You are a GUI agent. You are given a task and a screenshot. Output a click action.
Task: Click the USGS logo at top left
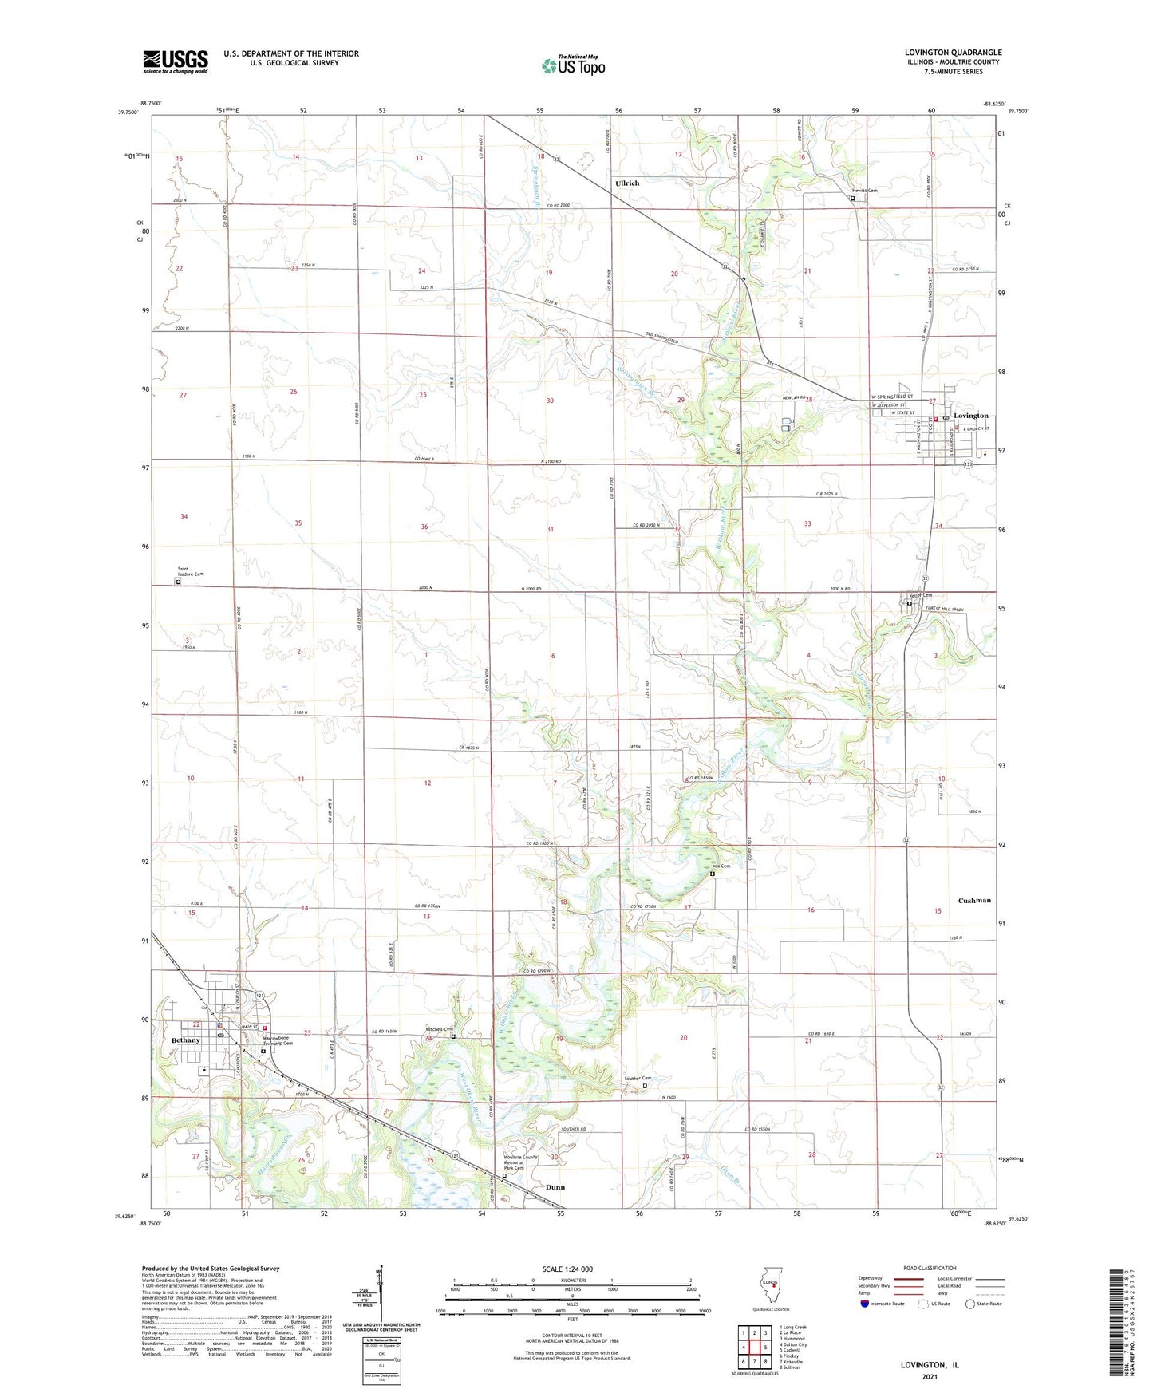pos(176,61)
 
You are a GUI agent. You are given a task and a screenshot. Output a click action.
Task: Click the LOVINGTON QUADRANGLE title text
pos(953,53)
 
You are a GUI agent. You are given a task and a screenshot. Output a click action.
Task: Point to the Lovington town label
pos(971,416)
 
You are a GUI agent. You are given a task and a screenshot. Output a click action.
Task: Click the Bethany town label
pos(185,1040)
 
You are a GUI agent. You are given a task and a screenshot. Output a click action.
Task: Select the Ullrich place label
pos(627,183)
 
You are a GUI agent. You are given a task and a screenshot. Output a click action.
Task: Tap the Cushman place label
pos(974,900)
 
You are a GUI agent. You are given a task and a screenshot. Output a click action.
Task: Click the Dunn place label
pos(555,1187)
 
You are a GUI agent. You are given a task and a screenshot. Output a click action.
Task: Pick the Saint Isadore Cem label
pos(191,572)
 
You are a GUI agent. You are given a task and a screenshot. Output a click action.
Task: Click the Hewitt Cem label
pos(864,191)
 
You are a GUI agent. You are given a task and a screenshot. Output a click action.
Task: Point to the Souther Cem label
pos(638,1079)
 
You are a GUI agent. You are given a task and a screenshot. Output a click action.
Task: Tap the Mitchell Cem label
pos(440,1028)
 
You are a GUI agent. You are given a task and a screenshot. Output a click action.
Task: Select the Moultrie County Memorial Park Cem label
pos(520,1162)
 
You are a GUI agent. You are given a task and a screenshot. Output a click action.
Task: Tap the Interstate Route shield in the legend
pos(866,1304)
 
